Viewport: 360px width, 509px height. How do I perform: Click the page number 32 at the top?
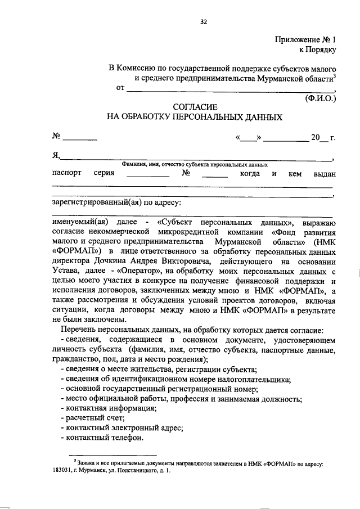point(204,22)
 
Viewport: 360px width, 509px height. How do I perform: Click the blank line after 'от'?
point(229,90)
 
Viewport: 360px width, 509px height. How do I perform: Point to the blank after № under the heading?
point(83,138)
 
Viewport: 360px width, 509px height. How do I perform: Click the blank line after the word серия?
point(148,175)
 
